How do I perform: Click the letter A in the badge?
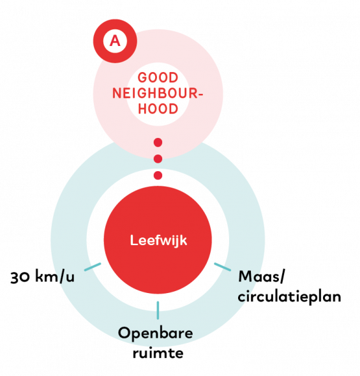[115, 41]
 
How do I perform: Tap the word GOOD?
[158, 78]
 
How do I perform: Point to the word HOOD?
[158, 109]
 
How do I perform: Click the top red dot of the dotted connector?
[158, 142]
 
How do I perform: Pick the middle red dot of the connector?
[158, 159]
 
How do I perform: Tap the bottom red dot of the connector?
[158, 176]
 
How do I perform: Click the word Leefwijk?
[158, 240]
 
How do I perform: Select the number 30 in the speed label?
[20, 278]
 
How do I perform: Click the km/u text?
[55, 276]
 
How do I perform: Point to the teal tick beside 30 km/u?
[93, 267]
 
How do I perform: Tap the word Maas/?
[262, 276]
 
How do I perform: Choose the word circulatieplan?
[290, 296]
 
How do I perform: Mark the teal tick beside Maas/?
[222, 267]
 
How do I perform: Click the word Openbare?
[155, 334]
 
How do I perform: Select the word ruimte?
[158, 353]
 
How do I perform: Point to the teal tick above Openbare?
[158, 310]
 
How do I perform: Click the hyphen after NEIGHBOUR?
[201, 94]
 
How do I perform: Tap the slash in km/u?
[62, 276]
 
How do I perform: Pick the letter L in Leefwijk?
[133, 240]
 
